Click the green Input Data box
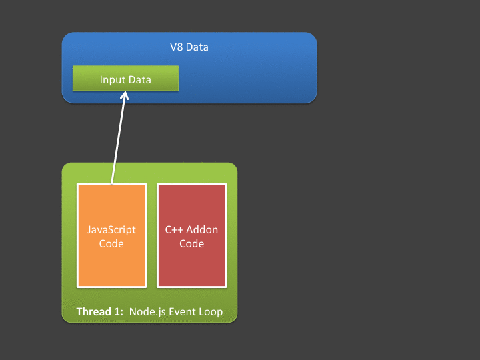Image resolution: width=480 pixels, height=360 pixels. pyautogui.click(x=125, y=79)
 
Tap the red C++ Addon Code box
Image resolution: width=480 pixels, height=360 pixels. pyautogui.click(x=191, y=267)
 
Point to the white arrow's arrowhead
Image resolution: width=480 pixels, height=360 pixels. pyautogui.click(x=125, y=95)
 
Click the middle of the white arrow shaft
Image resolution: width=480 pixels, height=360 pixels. pyautogui.click(x=118, y=138)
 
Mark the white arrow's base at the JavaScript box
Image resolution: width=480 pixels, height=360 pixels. pyautogui.click(x=112, y=182)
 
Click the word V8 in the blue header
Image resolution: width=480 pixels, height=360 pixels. pyautogui.click(x=177, y=47)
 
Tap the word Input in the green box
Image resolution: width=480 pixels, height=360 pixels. pyautogui.click(x=113, y=80)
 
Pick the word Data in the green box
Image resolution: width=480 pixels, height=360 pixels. pyautogui.click(x=139, y=80)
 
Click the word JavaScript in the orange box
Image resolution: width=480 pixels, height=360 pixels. pyautogui.click(x=111, y=230)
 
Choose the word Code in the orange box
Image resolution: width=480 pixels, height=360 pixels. pyautogui.click(x=111, y=244)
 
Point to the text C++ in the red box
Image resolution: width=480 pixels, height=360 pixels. pyautogui.click(x=175, y=230)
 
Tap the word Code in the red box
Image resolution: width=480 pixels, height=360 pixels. pyautogui.click(x=191, y=244)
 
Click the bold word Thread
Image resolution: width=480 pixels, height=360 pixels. pyautogui.click(x=93, y=312)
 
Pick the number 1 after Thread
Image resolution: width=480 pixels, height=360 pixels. pyautogui.click(x=116, y=312)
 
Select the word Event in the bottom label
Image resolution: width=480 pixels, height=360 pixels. pyautogui.click(x=181, y=312)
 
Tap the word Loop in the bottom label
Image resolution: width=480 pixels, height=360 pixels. pyautogui.click(x=211, y=312)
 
